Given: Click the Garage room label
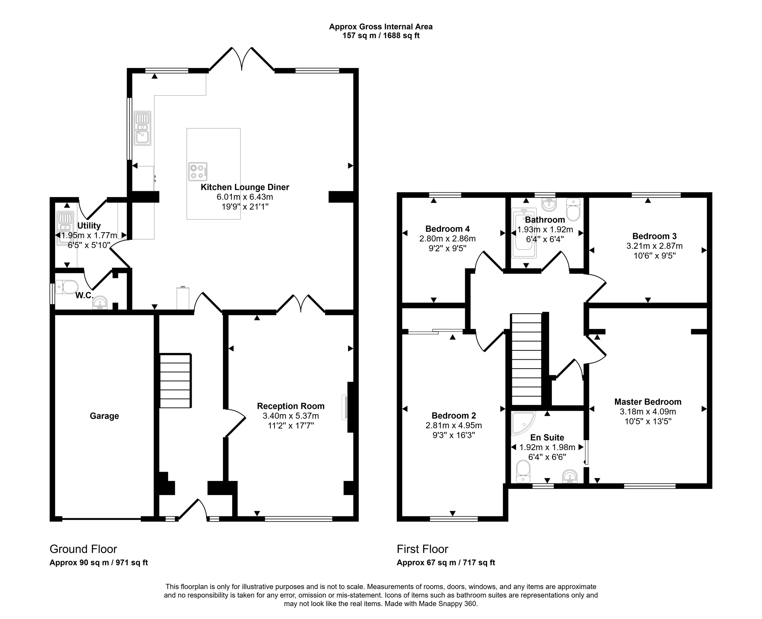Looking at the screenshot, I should click(x=104, y=416).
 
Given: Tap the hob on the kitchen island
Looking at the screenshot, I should click(x=198, y=171).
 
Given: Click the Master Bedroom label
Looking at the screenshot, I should click(x=647, y=402).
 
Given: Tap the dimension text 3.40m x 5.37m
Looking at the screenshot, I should click(x=291, y=416).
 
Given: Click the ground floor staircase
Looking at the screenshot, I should click(x=175, y=381).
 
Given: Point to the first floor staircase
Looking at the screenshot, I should click(x=526, y=359).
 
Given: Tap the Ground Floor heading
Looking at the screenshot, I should click(x=83, y=549).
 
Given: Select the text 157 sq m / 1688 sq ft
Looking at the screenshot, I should click(x=381, y=36).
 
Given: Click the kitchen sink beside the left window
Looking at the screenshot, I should click(x=142, y=128).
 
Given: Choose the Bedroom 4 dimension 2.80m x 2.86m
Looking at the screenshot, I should click(x=447, y=238).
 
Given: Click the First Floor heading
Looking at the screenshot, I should click(x=422, y=549).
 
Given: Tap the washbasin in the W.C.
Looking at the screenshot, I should click(x=100, y=303).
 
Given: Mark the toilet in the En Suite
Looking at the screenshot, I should click(x=523, y=472).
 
